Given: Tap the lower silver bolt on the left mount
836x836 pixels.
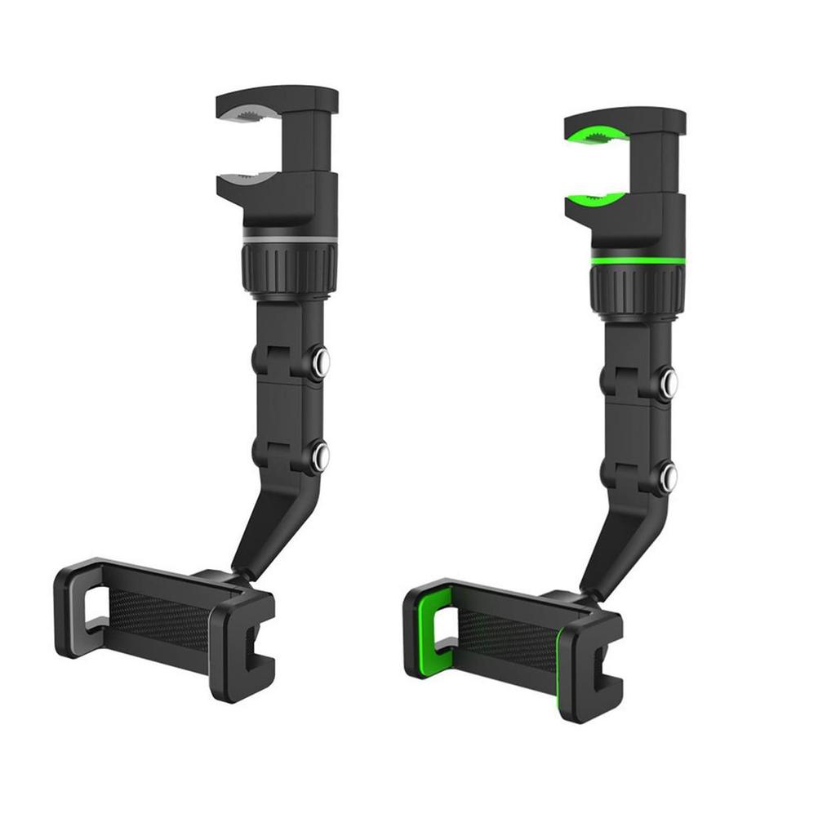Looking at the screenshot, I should coord(322,456).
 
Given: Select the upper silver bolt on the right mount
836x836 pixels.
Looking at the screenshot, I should coord(669,380).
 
